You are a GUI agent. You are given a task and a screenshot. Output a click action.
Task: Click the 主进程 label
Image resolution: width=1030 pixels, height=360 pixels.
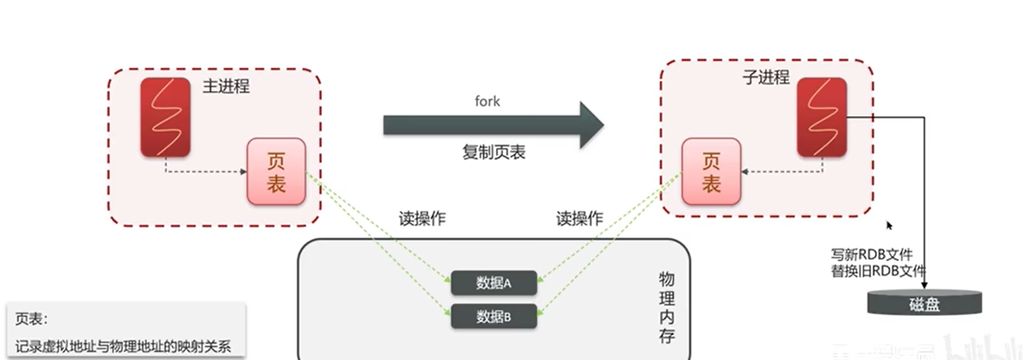(x=226, y=86)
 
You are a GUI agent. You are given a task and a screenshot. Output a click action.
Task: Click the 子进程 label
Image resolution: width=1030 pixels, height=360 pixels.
(x=765, y=77)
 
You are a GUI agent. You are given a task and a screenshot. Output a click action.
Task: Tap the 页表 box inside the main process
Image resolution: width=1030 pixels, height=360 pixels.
(x=276, y=171)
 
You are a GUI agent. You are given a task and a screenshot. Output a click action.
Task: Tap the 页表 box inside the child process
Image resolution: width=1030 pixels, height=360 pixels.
(x=710, y=171)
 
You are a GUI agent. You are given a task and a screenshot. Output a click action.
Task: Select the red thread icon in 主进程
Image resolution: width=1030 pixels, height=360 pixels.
(x=166, y=117)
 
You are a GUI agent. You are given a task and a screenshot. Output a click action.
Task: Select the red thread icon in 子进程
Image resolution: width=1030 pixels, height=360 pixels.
(x=822, y=117)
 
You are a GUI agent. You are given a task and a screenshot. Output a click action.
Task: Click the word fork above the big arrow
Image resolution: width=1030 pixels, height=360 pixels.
(x=487, y=101)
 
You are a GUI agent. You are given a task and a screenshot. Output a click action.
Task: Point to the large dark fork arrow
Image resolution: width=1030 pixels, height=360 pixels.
(x=493, y=125)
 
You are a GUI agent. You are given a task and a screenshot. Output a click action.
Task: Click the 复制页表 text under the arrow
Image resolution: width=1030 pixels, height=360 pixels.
(x=493, y=152)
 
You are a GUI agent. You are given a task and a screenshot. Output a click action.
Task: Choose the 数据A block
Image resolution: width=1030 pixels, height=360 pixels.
(x=494, y=283)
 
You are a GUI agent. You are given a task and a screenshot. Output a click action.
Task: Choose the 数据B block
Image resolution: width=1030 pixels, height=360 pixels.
(x=494, y=316)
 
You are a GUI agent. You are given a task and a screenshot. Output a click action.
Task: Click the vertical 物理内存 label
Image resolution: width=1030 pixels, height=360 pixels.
(x=667, y=307)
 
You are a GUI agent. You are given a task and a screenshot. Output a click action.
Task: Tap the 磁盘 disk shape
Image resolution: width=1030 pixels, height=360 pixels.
(x=924, y=303)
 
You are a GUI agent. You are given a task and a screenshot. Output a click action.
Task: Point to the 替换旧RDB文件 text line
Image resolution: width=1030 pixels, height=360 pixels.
(x=878, y=270)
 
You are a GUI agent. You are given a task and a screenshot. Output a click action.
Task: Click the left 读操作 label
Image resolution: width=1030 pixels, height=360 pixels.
(x=422, y=219)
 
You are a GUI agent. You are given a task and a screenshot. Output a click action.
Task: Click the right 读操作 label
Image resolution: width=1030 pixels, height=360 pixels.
(x=580, y=219)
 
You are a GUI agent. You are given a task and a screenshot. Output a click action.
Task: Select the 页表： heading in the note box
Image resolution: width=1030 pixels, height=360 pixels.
(x=32, y=318)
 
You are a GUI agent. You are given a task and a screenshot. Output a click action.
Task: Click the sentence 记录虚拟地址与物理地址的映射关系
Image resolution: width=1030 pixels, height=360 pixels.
(x=123, y=345)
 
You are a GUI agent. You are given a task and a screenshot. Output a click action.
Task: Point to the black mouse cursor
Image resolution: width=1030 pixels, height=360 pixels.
(x=889, y=225)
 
